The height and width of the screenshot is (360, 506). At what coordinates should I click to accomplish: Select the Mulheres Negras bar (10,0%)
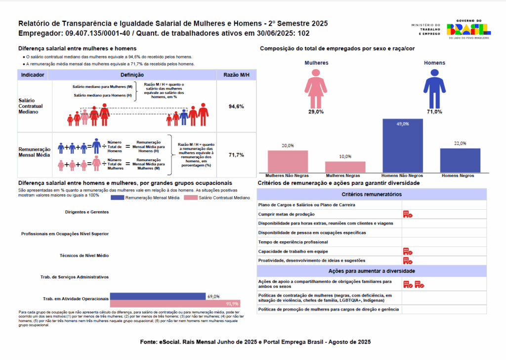345,167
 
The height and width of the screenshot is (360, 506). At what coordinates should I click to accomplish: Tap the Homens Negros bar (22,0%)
460,160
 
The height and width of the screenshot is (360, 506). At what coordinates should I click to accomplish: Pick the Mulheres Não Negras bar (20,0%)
288,161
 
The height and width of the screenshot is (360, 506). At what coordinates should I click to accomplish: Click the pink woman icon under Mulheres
316,88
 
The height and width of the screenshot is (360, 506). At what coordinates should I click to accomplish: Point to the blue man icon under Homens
434,88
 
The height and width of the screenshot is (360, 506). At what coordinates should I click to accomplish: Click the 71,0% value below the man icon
434,112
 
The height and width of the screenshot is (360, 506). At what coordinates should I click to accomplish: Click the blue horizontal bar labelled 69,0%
157,296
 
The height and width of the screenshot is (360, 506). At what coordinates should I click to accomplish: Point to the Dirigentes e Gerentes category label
86,212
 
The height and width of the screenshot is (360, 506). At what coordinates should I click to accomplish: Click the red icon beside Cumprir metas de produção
408,214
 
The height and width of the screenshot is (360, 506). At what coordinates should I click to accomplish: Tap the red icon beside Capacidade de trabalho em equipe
408,251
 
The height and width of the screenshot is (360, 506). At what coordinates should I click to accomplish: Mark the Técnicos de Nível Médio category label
85,255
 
